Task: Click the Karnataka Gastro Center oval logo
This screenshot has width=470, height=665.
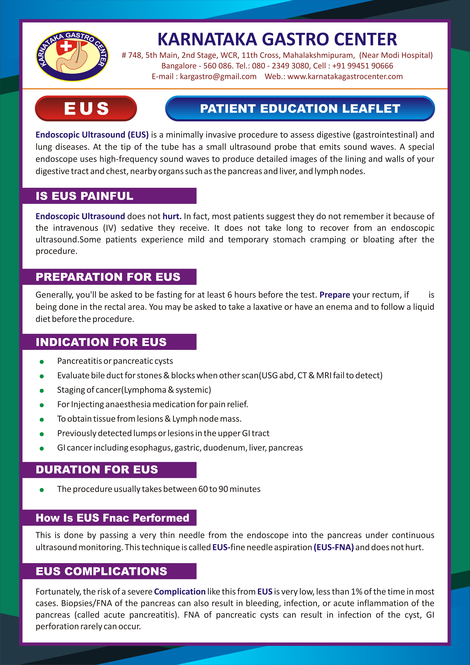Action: pyautogui.click(x=72, y=56)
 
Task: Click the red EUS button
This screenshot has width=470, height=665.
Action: pyautogui.click(x=86, y=108)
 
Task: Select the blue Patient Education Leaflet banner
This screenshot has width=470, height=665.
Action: pyautogui.click(x=300, y=108)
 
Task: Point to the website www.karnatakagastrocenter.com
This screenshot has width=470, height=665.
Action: pyautogui.click(x=345, y=76)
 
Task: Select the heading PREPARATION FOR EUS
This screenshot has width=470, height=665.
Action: pyautogui.click(x=108, y=277)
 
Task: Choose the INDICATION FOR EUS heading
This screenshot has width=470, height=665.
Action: pyautogui.click(x=101, y=342)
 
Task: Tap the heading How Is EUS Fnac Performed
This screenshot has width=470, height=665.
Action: pyautogui.click(x=112, y=518)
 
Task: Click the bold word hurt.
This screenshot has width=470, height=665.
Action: pyautogui.click(x=172, y=216)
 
